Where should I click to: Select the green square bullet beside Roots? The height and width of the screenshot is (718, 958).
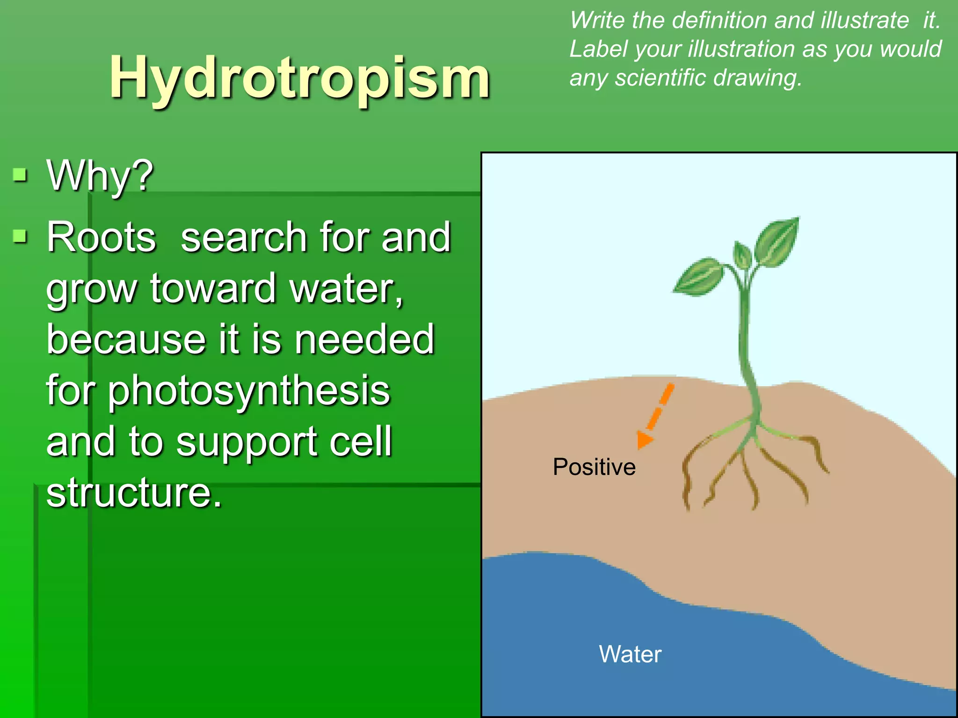20,236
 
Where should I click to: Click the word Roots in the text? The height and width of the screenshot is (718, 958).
101,237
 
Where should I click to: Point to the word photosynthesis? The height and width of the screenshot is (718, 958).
249,391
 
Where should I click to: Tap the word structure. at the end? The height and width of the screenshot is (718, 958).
134,493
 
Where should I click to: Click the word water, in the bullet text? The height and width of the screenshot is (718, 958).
346,289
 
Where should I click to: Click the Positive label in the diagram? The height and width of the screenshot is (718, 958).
594,467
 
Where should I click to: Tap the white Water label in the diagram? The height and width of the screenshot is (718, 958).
630,654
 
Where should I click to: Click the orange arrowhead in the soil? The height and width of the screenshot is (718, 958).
644,440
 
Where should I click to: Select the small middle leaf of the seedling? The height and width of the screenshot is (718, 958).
742,255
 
